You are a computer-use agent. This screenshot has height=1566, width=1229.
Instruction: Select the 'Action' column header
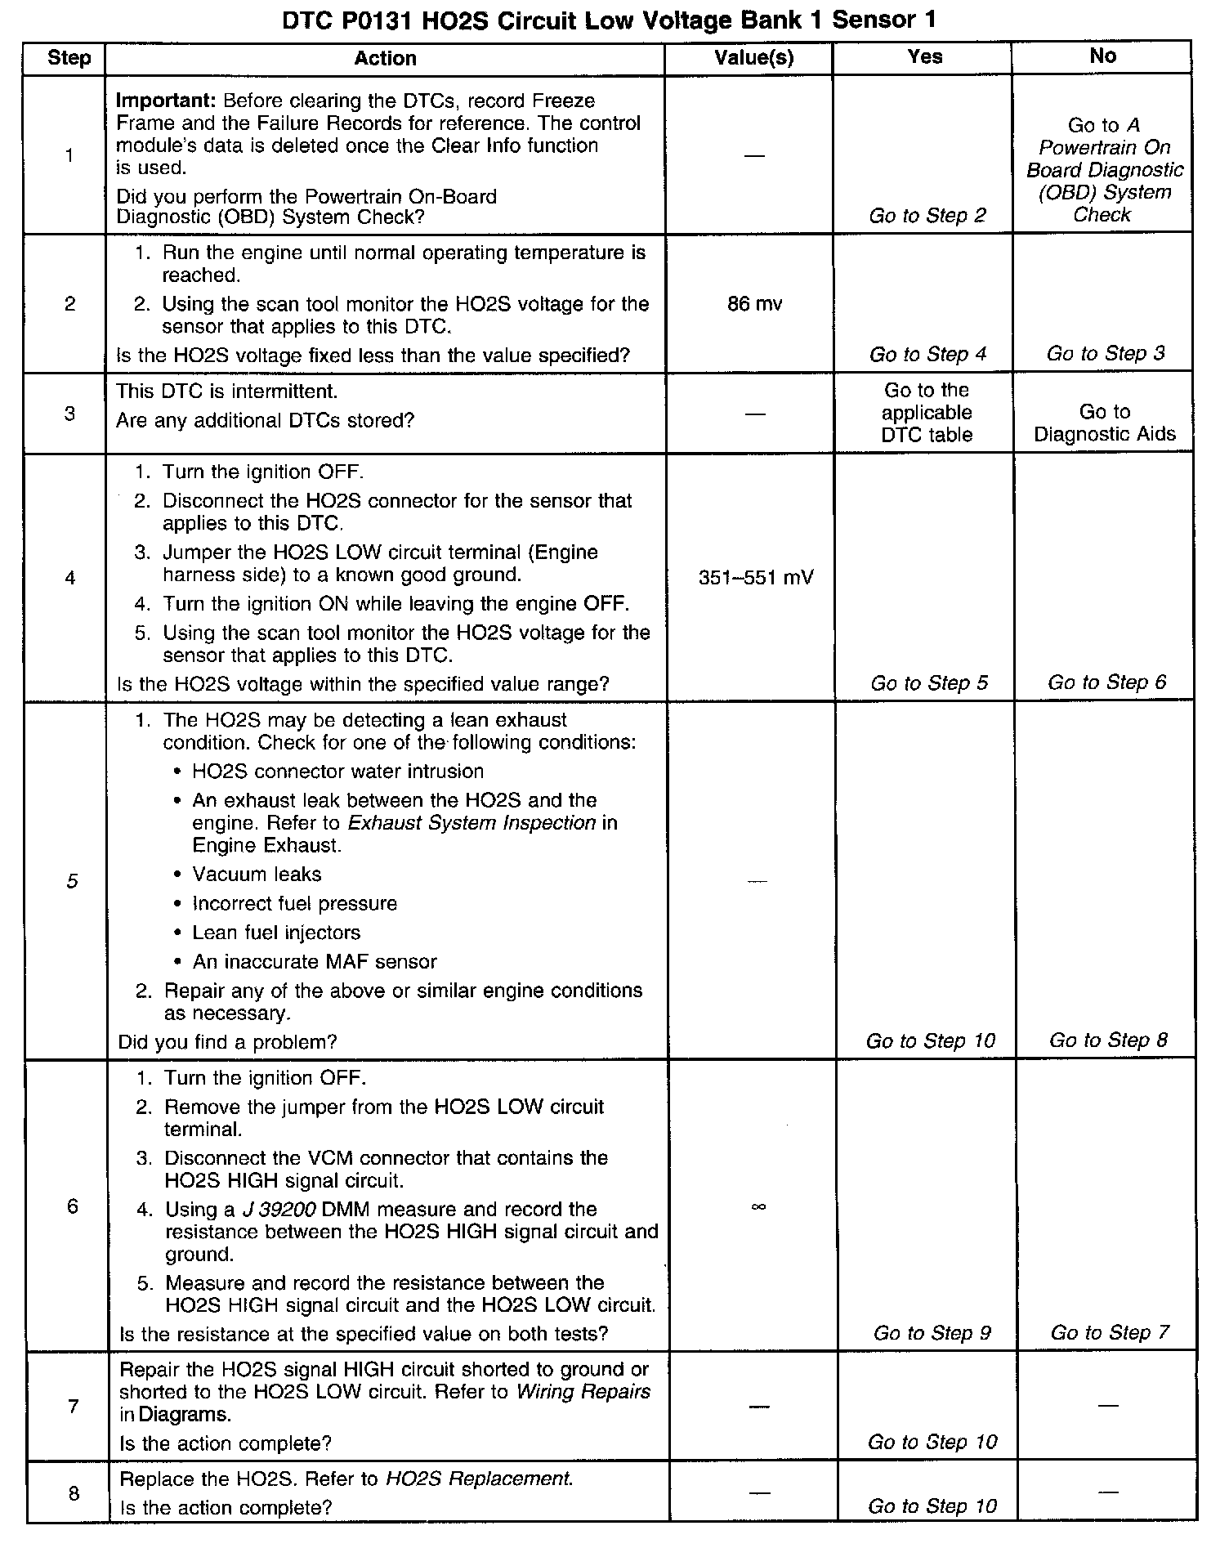click(385, 58)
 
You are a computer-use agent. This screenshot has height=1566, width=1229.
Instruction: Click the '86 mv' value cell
click(754, 304)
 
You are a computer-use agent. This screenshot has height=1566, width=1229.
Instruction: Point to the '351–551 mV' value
click(756, 578)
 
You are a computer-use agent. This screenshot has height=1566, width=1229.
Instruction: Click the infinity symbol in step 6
click(758, 1206)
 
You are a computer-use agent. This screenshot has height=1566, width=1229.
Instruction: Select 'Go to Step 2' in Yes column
click(927, 216)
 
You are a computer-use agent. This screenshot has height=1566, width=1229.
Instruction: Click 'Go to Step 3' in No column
click(1106, 354)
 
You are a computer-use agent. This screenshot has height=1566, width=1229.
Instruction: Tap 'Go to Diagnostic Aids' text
click(1104, 423)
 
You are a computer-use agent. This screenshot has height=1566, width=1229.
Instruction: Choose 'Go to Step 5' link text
click(929, 683)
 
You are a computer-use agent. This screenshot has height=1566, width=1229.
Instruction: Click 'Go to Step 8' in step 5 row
click(1108, 1040)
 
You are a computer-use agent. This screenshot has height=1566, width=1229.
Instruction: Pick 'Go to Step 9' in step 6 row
click(932, 1334)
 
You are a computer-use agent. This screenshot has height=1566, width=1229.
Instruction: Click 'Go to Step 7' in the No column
click(1110, 1333)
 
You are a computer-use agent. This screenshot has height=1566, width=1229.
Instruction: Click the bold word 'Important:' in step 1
click(166, 101)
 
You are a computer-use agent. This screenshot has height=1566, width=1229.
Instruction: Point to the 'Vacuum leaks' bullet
click(257, 875)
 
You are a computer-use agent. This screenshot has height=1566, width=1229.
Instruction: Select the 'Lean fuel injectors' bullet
click(276, 933)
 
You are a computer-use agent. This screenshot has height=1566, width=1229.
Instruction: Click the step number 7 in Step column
click(73, 1407)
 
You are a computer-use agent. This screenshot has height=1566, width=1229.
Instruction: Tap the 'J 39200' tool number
click(279, 1210)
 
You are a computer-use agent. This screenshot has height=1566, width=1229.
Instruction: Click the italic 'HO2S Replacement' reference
click(479, 1479)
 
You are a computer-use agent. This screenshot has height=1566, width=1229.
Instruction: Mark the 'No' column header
click(1102, 56)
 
